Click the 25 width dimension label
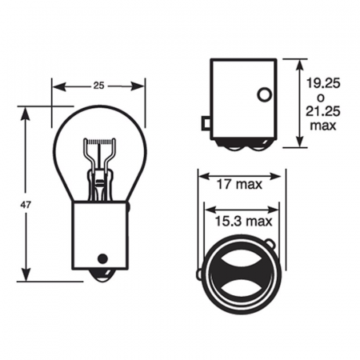98,86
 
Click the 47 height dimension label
26,205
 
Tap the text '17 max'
239,184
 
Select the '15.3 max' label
243,221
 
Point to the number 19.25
323,83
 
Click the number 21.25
323,111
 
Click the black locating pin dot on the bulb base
102,258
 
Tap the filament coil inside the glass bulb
100,141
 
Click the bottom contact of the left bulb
102,275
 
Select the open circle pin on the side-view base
264,94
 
